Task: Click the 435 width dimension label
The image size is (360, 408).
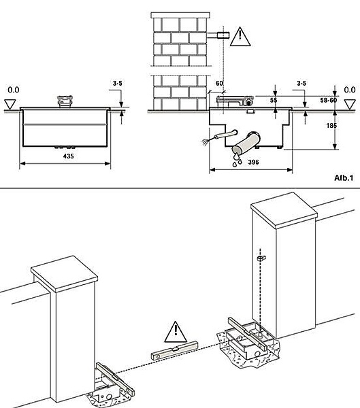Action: pyautogui.click(x=68, y=156)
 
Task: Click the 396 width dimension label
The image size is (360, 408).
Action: pyautogui.click(x=253, y=162)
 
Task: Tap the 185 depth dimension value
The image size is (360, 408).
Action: pyautogui.click(x=331, y=125)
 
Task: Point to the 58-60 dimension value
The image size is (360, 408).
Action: pyautogui.click(x=328, y=100)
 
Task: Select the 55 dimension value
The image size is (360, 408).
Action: pyautogui.click(x=274, y=100)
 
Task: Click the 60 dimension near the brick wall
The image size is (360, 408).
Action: pyautogui.click(x=219, y=83)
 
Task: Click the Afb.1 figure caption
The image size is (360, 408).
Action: pyautogui.click(x=344, y=177)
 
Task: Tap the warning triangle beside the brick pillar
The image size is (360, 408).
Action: pyautogui.click(x=240, y=37)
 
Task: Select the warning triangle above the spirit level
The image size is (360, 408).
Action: pyautogui.click(x=176, y=332)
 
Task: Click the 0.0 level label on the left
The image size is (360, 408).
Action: pyautogui.click(x=14, y=90)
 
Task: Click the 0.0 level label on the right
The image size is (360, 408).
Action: pyautogui.click(x=350, y=90)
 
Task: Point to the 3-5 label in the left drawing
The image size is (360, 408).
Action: pyautogui.click(x=118, y=83)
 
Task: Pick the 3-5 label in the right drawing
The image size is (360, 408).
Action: pyautogui.click(x=301, y=83)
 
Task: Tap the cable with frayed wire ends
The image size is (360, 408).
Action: pyautogui.click(x=220, y=137)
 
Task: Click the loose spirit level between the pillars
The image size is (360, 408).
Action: pyautogui.click(x=174, y=350)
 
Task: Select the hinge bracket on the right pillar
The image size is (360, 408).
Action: pyautogui.click(x=261, y=258)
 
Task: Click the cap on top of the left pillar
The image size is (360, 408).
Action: pyautogui.click(x=64, y=273)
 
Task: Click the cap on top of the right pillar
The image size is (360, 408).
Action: pyautogui.click(x=284, y=210)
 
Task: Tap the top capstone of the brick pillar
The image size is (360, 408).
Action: pyautogui.click(x=180, y=15)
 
